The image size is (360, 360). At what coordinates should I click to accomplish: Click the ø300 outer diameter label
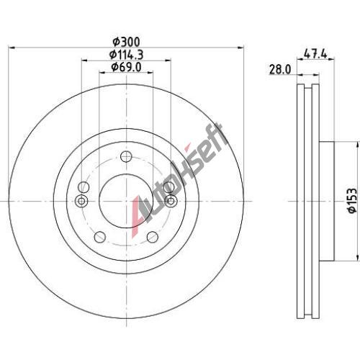point(126,42)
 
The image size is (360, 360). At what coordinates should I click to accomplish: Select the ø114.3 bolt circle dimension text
point(127,55)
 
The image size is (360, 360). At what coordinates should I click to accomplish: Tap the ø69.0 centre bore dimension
point(126,67)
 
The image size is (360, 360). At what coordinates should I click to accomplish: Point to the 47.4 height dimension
point(315,53)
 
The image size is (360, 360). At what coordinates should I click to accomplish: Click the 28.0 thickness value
point(280,70)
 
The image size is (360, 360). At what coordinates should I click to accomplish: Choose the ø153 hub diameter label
point(352,200)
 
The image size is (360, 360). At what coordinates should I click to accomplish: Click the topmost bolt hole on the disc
point(126,157)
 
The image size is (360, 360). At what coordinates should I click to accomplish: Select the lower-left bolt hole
point(100,237)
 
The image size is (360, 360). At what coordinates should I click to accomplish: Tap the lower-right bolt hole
point(153,237)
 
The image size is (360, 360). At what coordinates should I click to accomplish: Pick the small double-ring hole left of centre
point(81,201)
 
